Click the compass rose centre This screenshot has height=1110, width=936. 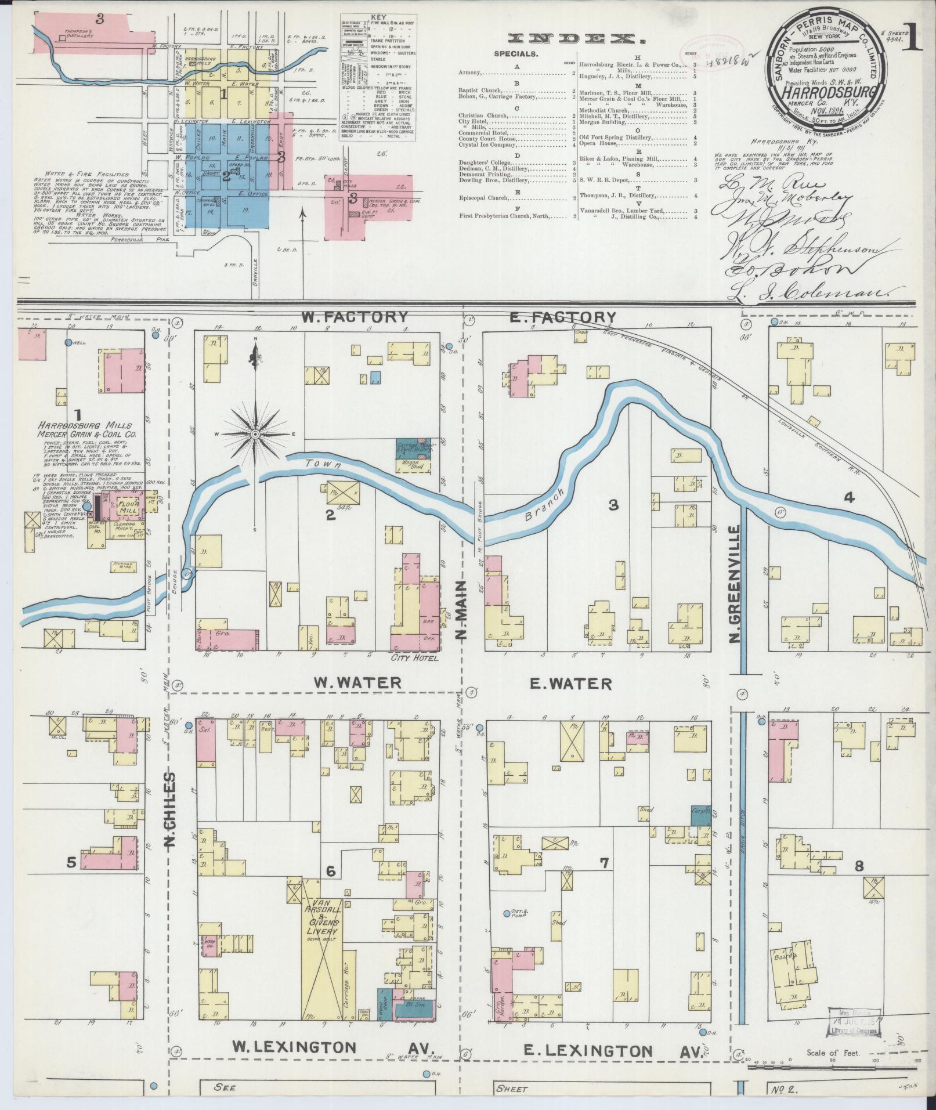pyautogui.click(x=255, y=434)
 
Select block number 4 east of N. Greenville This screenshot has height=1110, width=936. pyautogui.click(x=849, y=497)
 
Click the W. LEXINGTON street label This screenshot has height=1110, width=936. pyautogui.click(x=294, y=1047)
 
